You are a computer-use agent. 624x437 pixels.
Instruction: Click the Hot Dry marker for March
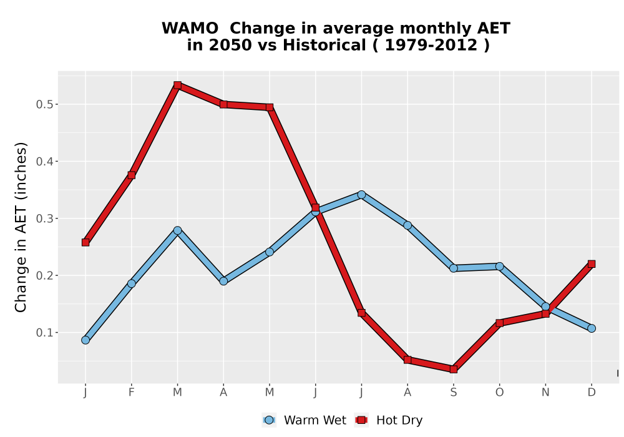pyautogui.click(x=177, y=85)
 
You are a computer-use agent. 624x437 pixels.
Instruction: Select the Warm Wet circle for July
pyautogui.click(x=361, y=195)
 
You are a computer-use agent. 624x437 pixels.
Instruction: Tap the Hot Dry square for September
pyautogui.click(x=453, y=370)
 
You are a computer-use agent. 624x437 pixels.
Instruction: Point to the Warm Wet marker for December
pyautogui.click(x=592, y=328)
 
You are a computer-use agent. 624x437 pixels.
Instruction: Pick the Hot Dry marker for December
pyautogui.click(x=592, y=264)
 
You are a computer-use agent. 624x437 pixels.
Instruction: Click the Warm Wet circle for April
pyautogui.click(x=223, y=281)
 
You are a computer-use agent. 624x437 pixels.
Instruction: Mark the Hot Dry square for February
pyautogui.click(x=131, y=175)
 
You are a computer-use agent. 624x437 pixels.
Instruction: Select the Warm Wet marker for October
pyautogui.click(x=499, y=267)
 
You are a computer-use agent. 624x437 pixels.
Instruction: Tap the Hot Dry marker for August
pyautogui.click(x=407, y=360)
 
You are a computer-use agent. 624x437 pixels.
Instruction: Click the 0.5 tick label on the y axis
pyautogui.click(x=44, y=104)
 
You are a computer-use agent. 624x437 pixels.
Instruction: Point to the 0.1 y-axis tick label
pyautogui.click(x=44, y=332)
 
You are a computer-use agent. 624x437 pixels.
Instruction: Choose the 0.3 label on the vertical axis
pyautogui.click(x=44, y=219)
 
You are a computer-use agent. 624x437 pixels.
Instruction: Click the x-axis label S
pyautogui.click(x=453, y=393)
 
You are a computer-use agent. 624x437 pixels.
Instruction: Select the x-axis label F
pyautogui.click(x=131, y=393)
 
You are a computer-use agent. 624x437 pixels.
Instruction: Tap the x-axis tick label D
pyautogui.click(x=592, y=393)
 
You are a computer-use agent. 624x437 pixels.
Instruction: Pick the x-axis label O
pyautogui.click(x=499, y=393)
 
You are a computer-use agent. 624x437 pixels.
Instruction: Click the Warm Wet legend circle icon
pyautogui.click(x=269, y=420)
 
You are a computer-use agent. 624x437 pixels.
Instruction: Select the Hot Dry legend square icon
pyautogui.click(x=361, y=420)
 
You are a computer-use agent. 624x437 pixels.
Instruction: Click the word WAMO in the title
pyautogui.click(x=190, y=28)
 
